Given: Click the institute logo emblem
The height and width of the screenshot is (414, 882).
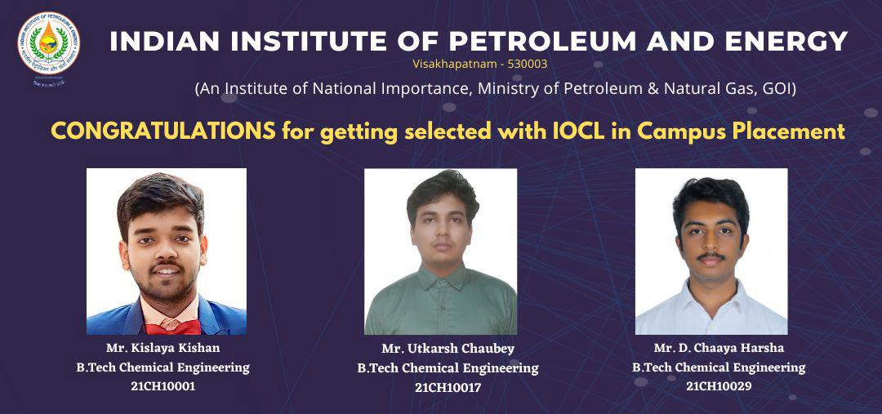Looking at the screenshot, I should (49, 44).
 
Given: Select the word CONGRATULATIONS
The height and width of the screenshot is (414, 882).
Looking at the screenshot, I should (163, 131).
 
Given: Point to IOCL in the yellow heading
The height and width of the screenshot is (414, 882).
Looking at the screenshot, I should (603, 131).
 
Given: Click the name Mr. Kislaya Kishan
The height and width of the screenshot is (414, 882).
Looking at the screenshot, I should (163, 348).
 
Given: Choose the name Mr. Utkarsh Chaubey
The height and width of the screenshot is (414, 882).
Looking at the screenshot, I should (448, 349).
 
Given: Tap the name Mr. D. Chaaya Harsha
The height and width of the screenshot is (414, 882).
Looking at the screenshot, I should (719, 348).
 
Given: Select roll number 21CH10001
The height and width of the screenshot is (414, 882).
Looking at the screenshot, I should (163, 386).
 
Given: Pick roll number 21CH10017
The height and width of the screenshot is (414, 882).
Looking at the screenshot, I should (448, 387).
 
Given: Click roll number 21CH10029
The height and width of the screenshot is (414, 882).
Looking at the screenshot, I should (719, 386).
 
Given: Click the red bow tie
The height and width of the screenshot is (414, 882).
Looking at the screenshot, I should (171, 326).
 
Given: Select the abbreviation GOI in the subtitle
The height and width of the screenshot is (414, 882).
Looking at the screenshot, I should (775, 88).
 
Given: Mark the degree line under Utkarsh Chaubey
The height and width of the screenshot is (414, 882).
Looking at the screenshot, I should (448, 368).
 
